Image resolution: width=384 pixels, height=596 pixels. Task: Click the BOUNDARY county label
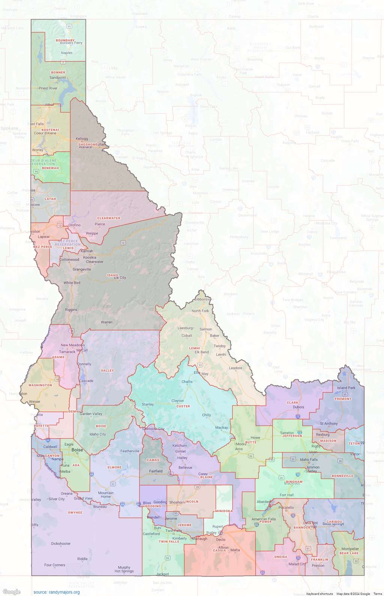(x=65, y=40)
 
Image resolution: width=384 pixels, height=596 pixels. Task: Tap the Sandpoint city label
(x=58, y=78)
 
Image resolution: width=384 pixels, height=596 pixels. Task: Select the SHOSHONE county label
(x=87, y=144)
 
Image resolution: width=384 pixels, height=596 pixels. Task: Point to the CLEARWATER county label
(x=109, y=218)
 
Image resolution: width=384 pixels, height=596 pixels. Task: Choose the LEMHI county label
(x=194, y=348)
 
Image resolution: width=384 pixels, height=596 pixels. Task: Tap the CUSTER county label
(x=183, y=406)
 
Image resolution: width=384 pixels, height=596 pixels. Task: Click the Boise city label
(x=77, y=450)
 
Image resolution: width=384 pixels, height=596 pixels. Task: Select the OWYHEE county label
(x=75, y=512)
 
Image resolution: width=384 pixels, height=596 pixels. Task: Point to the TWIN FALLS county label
(x=169, y=542)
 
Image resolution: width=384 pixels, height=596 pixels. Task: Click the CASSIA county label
(x=219, y=551)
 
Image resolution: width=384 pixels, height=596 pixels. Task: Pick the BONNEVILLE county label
(x=342, y=476)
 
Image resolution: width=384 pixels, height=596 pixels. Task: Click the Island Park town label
(x=346, y=388)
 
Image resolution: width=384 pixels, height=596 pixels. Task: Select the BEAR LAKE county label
(x=349, y=553)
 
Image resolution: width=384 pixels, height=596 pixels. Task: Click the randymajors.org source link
(x=56, y=592)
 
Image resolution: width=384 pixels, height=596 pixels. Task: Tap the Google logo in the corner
(x=11, y=592)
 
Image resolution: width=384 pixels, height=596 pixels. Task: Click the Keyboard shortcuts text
(x=319, y=594)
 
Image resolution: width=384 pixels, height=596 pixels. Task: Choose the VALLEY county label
(x=107, y=370)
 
